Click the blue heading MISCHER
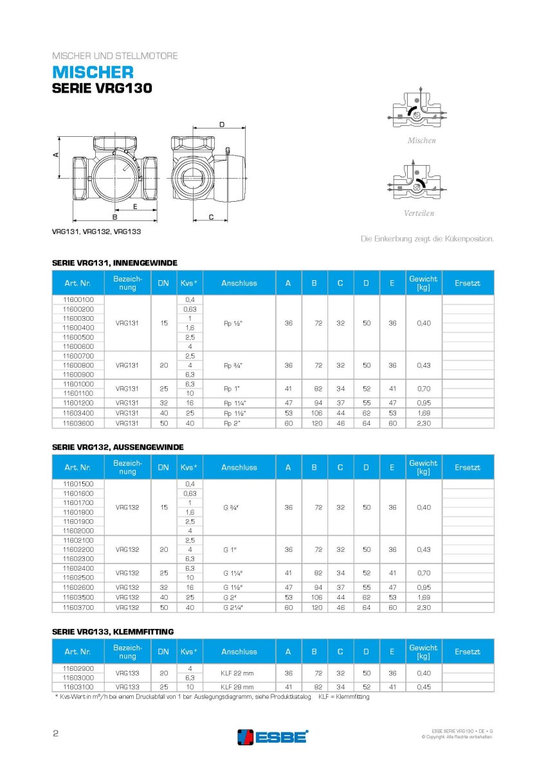pyautogui.click(x=93, y=72)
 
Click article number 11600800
pyautogui.click(x=78, y=365)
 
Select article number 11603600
pyautogui.click(x=78, y=423)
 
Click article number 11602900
pyautogui.click(x=78, y=668)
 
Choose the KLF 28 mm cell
pyautogui.click(x=239, y=686)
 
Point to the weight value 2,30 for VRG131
pyautogui.click(x=424, y=423)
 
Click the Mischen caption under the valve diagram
pyautogui.click(x=421, y=140)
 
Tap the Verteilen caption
pyautogui.click(x=419, y=213)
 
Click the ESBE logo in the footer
pyautogui.click(x=273, y=736)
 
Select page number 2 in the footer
pyautogui.click(x=55, y=734)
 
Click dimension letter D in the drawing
pyautogui.click(x=222, y=124)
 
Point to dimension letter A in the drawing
pyautogui.click(x=56, y=155)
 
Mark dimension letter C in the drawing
pyautogui.click(x=210, y=217)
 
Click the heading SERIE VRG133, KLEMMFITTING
pyautogui.click(x=113, y=632)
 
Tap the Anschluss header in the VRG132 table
pyautogui.click(x=239, y=467)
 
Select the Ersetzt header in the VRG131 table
pyautogui.click(x=468, y=283)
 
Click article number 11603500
pyautogui.click(x=78, y=598)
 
